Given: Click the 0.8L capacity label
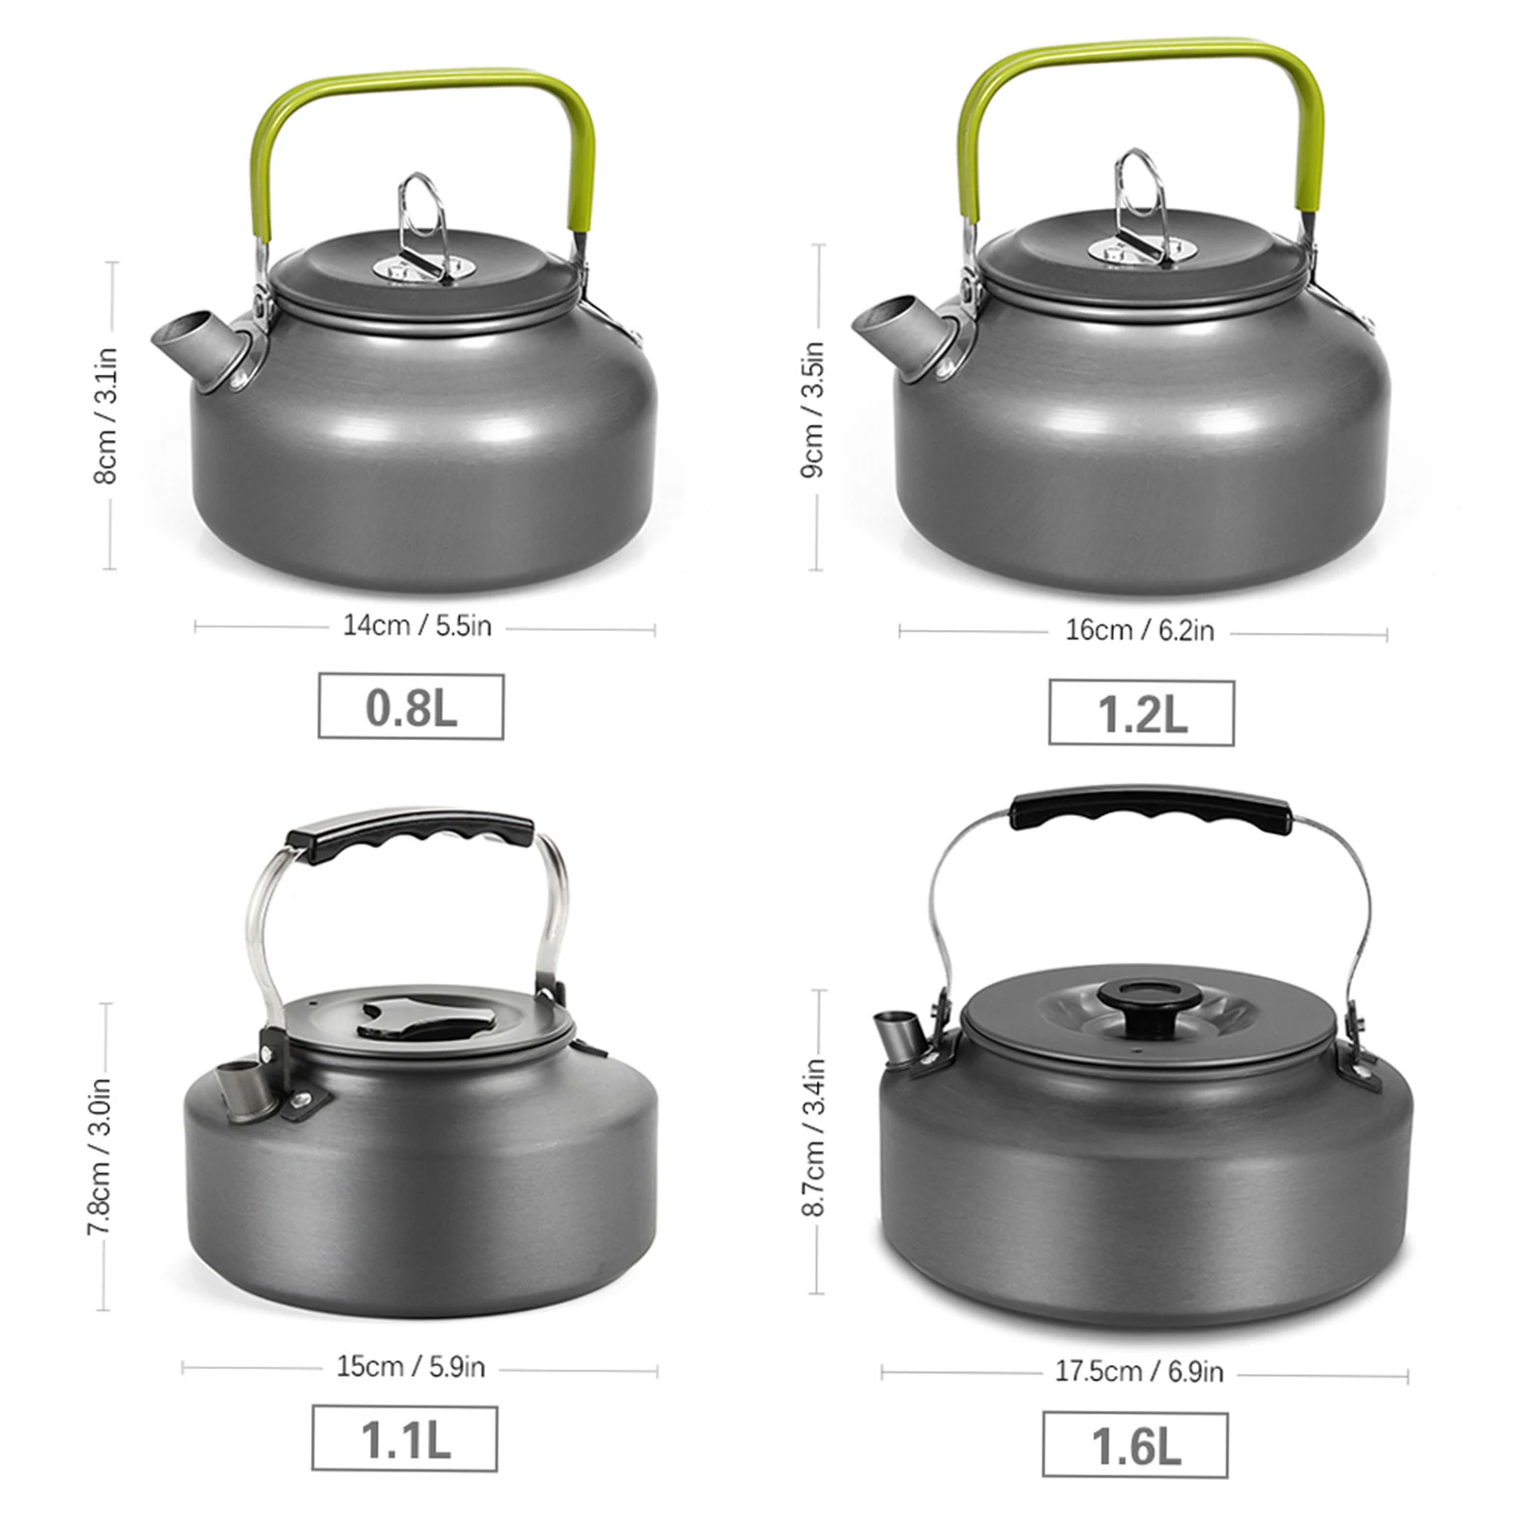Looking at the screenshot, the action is (x=411, y=707).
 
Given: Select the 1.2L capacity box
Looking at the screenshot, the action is (x=1141, y=713).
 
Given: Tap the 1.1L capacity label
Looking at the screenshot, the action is (x=405, y=1439).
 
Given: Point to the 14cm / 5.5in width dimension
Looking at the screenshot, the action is (x=417, y=626).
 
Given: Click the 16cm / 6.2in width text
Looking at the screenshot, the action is (x=1139, y=631).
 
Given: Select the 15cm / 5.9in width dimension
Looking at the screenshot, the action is (x=411, y=1367).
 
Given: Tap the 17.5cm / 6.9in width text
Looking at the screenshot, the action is (x=1139, y=1372).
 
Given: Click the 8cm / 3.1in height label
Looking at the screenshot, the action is (x=105, y=416).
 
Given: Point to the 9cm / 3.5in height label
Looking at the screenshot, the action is (x=813, y=409).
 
